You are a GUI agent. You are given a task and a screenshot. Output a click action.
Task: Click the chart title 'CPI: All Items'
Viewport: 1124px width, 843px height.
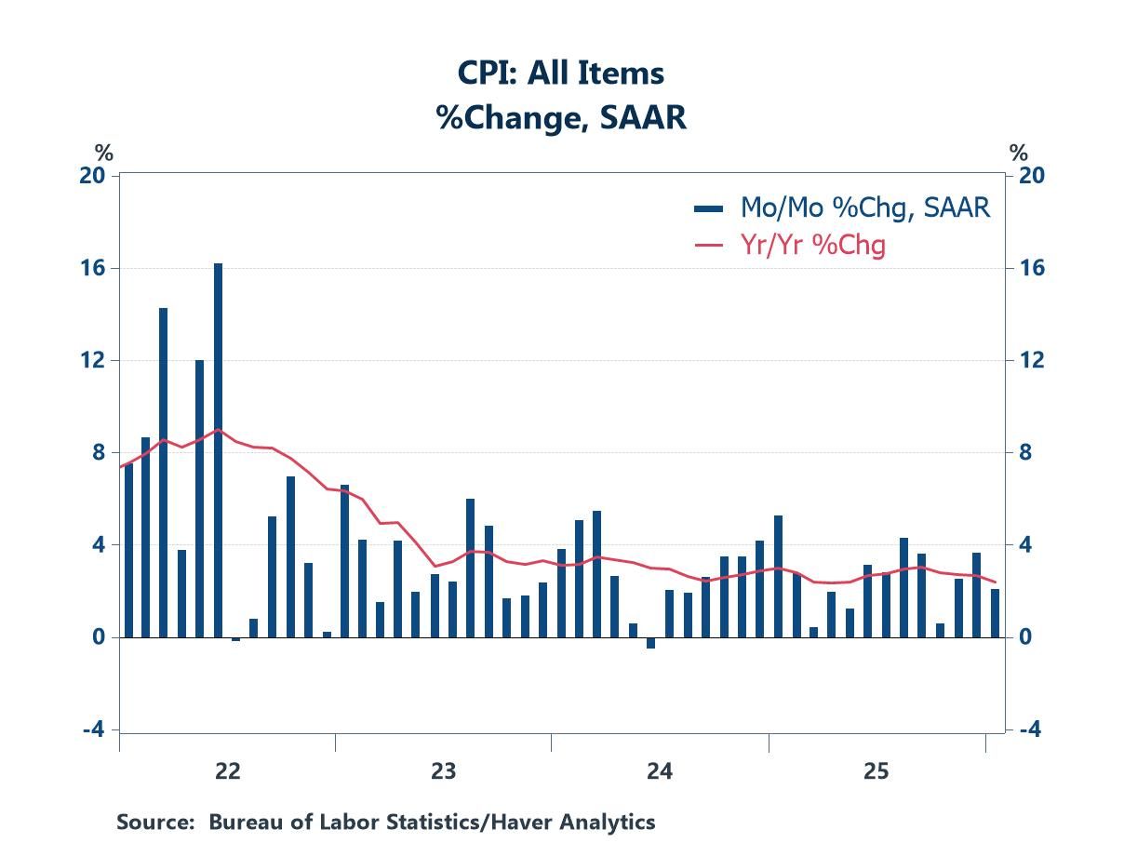[x=560, y=74]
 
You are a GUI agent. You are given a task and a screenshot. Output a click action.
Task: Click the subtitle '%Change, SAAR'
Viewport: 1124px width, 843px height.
[x=560, y=118]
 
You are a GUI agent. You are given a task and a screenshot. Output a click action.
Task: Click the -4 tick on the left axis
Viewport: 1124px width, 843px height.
[x=94, y=729]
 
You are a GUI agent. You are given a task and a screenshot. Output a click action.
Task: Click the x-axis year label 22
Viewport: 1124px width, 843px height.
[x=227, y=771]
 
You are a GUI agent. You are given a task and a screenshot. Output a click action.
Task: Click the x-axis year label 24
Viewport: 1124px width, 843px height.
[x=660, y=771]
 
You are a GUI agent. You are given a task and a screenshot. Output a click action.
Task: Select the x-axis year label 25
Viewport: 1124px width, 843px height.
[x=876, y=771]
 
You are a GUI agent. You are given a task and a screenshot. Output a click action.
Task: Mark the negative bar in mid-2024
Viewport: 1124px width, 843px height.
[x=650, y=642]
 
